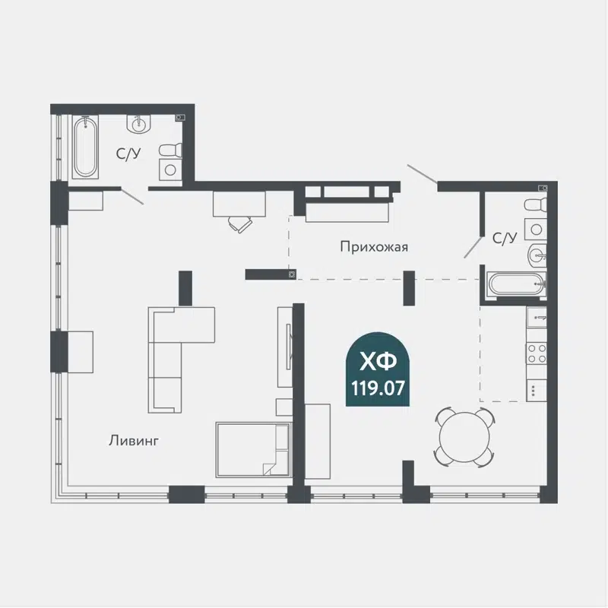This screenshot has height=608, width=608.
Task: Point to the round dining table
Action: pos(464,437)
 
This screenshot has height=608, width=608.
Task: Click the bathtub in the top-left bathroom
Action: pos(85,147)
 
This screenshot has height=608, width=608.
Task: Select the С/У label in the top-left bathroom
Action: pos(128,154)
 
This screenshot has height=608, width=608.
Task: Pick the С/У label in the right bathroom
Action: pos(505,239)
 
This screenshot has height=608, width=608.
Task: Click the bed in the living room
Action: pos(253,449)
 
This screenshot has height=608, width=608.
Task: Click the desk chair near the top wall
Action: pos(240,223)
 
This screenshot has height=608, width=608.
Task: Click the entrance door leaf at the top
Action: pos(422,174)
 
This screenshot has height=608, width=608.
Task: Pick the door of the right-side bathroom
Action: pos(473,245)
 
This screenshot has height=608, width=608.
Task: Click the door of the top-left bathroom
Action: pos(132,196)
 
